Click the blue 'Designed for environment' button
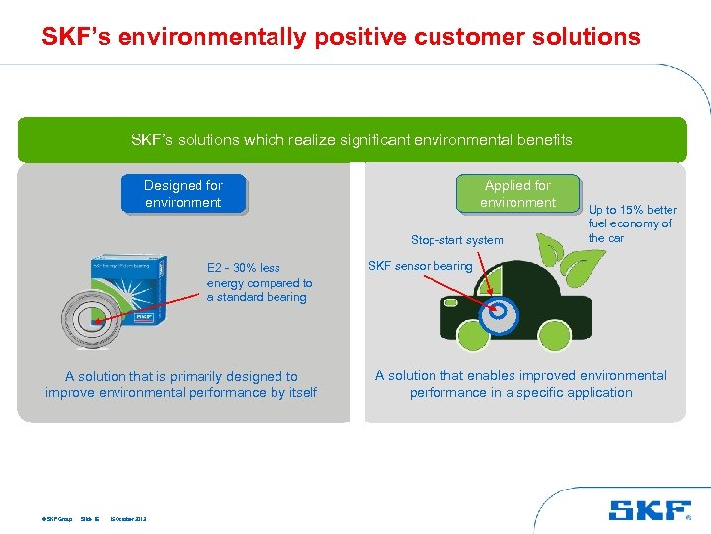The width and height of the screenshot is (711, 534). [184, 194]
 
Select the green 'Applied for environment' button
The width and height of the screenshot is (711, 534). [517, 194]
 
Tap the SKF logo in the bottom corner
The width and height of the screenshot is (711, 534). [651, 510]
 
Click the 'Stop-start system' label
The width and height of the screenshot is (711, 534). [456, 240]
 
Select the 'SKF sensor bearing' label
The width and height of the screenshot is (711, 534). [420, 266]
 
